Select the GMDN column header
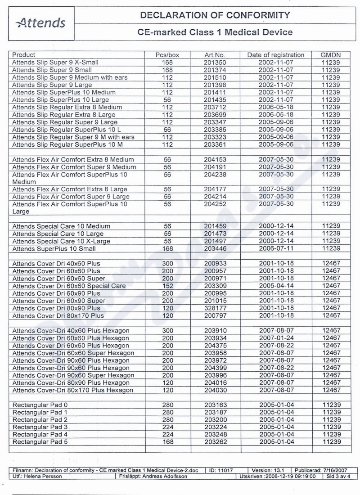coord(330,55)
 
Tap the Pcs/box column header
coord(167,55)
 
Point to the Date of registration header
coord(275,55)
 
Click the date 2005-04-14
coord(275,286)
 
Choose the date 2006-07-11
coord(275,248)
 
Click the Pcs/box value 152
coord(167,286)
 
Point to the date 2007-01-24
coord(275,338)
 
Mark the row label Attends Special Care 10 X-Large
coord(61,241)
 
